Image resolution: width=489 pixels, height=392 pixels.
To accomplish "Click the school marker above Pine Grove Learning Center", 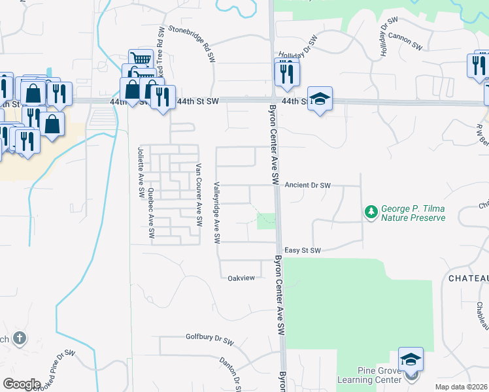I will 411,360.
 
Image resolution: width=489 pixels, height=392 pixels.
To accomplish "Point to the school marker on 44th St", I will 320,99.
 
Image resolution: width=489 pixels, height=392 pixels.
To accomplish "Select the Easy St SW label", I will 303,250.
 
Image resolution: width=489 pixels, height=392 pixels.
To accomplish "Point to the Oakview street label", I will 241,278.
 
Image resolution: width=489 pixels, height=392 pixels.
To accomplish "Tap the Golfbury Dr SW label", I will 214,341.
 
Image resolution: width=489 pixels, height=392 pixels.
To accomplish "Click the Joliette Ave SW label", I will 140,172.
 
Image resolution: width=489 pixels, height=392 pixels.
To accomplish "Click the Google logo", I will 22,384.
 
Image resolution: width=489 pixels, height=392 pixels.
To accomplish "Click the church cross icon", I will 20,338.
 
